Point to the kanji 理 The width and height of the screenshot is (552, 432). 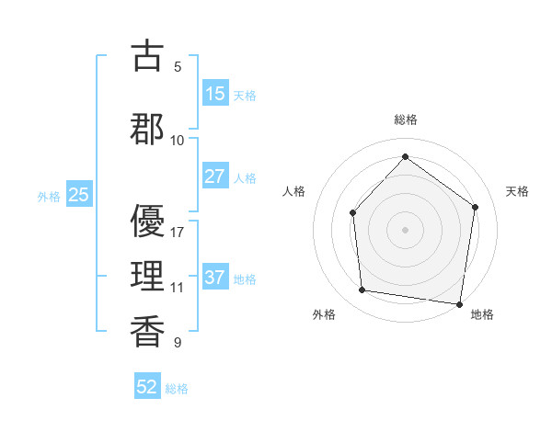click(x=147, y=273)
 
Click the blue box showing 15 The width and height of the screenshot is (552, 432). click(x=215, y=94)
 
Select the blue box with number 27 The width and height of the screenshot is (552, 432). click(x=215, y=176)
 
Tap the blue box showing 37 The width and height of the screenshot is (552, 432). click(x=215, y=278)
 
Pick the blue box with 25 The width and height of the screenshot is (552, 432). click(x=79, y=195)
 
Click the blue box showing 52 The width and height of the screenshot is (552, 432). click(x=147, y=387)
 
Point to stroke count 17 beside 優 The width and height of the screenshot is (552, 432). click(x=178, y=232)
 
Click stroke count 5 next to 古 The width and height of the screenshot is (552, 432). click(x=178, y=66)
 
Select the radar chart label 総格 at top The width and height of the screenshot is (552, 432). click(x=406, y=119)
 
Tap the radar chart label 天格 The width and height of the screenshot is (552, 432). click(x=518, y=191)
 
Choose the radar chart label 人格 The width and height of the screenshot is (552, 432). click(x=293, y=191)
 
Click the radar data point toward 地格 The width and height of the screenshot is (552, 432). click(x=459, y=303)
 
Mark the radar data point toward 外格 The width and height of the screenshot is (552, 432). click(x=362, y=290)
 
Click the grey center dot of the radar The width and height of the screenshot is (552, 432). click(x=405, y=229)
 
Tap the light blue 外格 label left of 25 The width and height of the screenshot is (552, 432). click(x=49, y=196)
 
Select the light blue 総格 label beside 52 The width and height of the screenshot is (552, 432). click(x=177, y=388)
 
